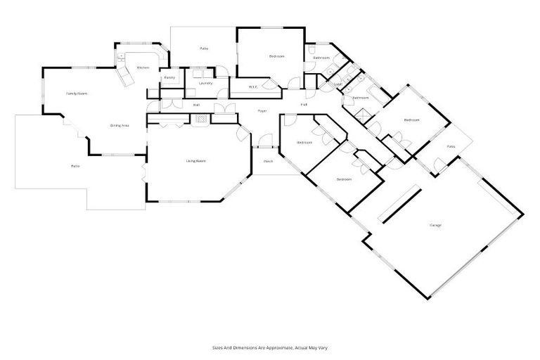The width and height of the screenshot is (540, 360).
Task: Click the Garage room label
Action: tap(435, 225)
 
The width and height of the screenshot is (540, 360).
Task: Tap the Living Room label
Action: tap(195, 161)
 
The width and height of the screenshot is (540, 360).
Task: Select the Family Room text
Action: tap(77, 93)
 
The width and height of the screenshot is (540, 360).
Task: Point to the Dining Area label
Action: tap(120, 125)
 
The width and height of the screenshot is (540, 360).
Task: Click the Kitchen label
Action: tap(143, 67)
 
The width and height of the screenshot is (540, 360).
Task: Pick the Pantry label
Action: tap(169, 77)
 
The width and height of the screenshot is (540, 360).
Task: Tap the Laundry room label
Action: tap(205, 83)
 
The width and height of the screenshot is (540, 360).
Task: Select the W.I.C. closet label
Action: tap(253, 87)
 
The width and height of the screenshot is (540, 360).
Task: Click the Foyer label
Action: tap(262, 110)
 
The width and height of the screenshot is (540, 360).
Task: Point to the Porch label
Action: tap(268, 162)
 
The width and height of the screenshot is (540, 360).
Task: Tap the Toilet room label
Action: tap(337, 84)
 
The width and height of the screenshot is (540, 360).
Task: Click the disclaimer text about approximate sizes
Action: tap(270, 347)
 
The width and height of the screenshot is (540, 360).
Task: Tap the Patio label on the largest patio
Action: tap(75, 166)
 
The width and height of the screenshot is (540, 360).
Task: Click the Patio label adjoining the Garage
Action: tap(451, 146)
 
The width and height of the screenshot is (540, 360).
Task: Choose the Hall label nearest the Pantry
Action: tap(196, 105)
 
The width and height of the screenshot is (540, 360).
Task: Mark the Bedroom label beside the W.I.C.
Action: tap(276, 56)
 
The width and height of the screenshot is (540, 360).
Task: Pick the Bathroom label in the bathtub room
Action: tap(360, 98)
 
